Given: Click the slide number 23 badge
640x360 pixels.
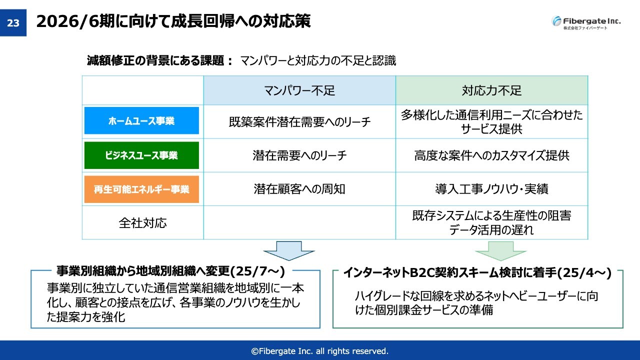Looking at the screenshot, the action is click(x=13, y=22).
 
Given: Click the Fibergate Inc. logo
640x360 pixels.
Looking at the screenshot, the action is click(x=586, y=22).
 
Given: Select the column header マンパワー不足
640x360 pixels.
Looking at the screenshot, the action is click(x=299, y=90).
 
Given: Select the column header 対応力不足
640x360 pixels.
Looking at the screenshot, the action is click(x=491, y=90).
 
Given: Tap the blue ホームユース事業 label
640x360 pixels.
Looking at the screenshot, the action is click(x=141, y=120).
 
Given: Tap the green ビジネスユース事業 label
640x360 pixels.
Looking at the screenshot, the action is click(x=141, y=155).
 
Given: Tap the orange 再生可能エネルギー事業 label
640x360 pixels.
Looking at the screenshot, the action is click(x=141, y=189).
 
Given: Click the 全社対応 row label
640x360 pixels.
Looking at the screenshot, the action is click(x=142, y=223).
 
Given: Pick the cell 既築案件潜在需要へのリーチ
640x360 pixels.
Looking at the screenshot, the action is click(x=299, y=122).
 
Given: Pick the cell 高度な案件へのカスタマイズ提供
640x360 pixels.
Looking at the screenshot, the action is click(x=491, y=155).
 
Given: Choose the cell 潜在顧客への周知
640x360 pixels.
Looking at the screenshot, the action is click(x=299, y=189).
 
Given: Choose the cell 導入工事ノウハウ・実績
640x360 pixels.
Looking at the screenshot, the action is click(x=491, y=189).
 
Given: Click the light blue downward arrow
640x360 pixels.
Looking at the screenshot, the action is click(x=289, y=251).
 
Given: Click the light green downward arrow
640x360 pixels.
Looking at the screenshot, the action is click(x=500, y=251).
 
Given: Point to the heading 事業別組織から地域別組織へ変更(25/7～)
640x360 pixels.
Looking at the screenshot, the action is click(x=171, y=271).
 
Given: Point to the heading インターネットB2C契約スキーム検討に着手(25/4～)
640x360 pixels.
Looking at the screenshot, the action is click(x=477, y=272).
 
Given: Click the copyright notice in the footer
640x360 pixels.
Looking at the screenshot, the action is click(x=319, y=351).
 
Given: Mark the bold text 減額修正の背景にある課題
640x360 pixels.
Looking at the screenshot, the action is click(x=155, y=60).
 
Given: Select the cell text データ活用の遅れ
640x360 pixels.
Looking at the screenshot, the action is click(x=491, y=229).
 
